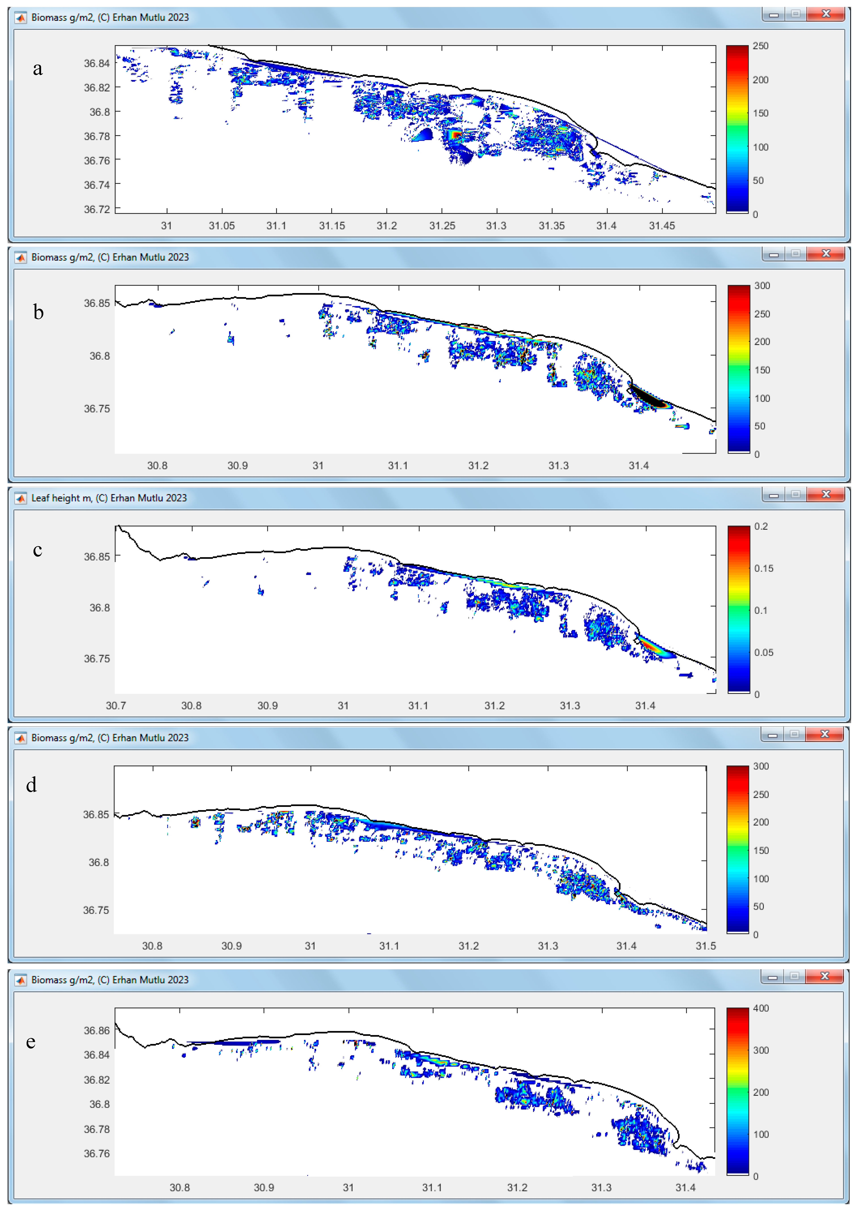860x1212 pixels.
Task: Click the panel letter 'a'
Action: [38, 69]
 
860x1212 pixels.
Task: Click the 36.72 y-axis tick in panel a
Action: [97, 209]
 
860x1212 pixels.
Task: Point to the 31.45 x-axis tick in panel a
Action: [662, 226]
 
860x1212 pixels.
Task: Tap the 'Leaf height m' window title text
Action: [109, 498]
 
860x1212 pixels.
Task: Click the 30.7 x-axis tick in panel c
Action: [116, 706]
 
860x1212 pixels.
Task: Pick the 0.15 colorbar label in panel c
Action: [764, 568]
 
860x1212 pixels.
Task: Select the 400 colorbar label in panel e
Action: [761, 1008]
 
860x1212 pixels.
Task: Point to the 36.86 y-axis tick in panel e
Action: [97, 1030]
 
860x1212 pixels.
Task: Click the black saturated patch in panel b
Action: [649, 397]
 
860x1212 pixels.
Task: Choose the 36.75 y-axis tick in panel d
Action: [96, 910]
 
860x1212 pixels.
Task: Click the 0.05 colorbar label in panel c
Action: [764, 653]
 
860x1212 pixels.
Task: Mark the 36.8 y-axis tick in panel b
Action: [100, 356]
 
